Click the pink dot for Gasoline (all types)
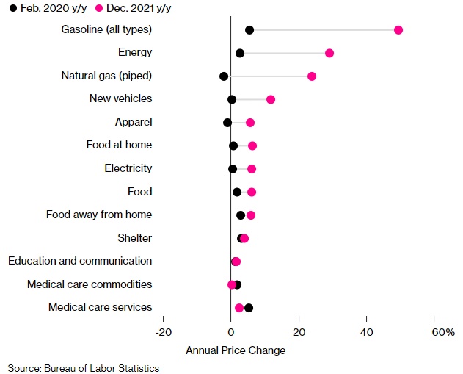(x=398, y=29)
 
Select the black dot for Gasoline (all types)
(x=249, y=29)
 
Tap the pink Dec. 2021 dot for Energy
(x=329, y=53)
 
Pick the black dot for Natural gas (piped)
(x=224, y=76)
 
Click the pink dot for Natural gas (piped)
(x=312, y=76)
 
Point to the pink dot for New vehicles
(x=271, y=99)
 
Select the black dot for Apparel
(x=227, y=123)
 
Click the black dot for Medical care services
(x=249, y=308)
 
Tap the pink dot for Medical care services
(x=239, y=308)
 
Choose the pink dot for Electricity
(x=252, y=169)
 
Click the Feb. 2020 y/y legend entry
(x=43, y=9)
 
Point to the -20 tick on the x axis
(x=164, y=332)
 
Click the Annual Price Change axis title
(x=236, y=350)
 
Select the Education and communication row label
(x=80, y=261)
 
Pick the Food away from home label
(x=99, y=215)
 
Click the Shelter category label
(x=135, y=238)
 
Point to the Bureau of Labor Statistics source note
(x=84, y=367)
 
